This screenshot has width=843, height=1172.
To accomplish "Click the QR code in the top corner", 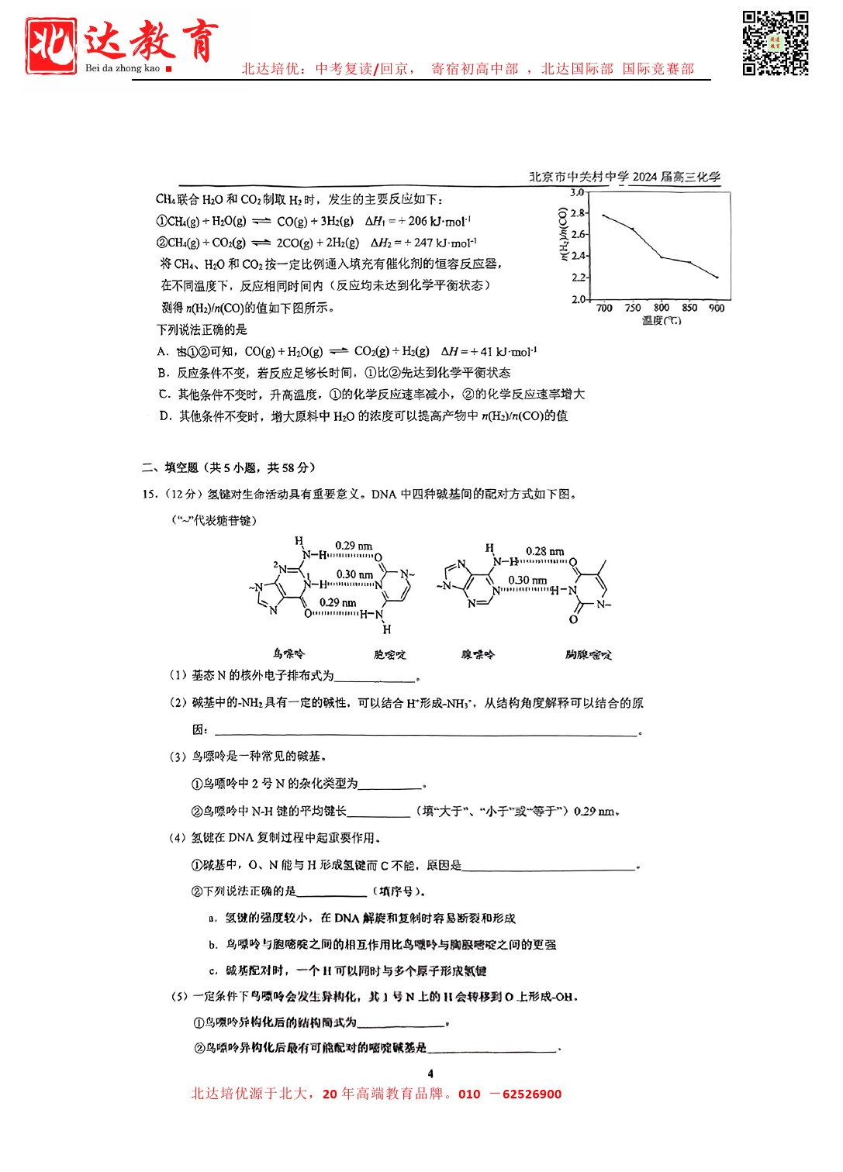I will tap(776, 43).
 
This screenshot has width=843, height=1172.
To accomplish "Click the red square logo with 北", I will tap(51, 45).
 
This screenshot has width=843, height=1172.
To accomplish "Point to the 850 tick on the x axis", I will tap(689, 308).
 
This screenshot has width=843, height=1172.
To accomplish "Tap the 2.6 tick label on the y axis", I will tap(578, 234).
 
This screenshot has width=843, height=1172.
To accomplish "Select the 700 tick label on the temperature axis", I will tap(604, 308).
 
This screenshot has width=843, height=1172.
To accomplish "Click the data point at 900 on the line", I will tap(717, 277).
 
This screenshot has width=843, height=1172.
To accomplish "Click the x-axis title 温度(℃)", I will tap(662, 320).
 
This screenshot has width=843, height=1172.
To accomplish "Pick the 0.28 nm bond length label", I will tap(544, 551).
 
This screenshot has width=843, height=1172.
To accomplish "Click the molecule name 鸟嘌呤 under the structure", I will tap(288, 653).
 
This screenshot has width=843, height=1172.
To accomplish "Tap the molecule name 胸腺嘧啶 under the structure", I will tap(588, 654).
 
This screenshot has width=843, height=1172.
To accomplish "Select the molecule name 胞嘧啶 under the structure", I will tap(389, 654).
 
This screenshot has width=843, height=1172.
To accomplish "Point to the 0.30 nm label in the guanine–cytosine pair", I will tap(354, 574).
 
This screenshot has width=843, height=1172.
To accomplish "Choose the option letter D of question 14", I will tap(164, 416).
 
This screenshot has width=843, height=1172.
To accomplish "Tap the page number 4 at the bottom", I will tap(430, 1074).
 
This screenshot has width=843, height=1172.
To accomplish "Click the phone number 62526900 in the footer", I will tap(532, 1094).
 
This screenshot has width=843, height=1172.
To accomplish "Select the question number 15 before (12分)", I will tap(149, 494).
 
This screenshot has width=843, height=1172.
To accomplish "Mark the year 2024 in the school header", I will tap(644, 177).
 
